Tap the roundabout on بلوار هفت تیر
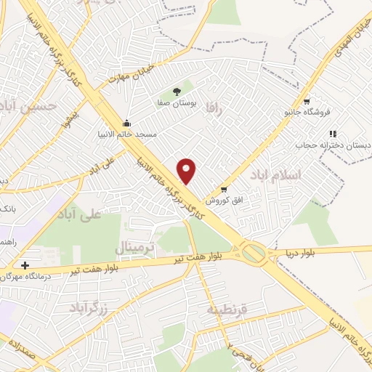(254, 254)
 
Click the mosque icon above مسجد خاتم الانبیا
(127, 122)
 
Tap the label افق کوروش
(223, 200)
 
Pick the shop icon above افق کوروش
(223, 190)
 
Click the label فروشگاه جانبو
(307, 113)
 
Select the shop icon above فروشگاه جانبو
(307, 102)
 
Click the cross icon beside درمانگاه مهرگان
(25, 266)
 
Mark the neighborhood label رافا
(212, 109)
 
